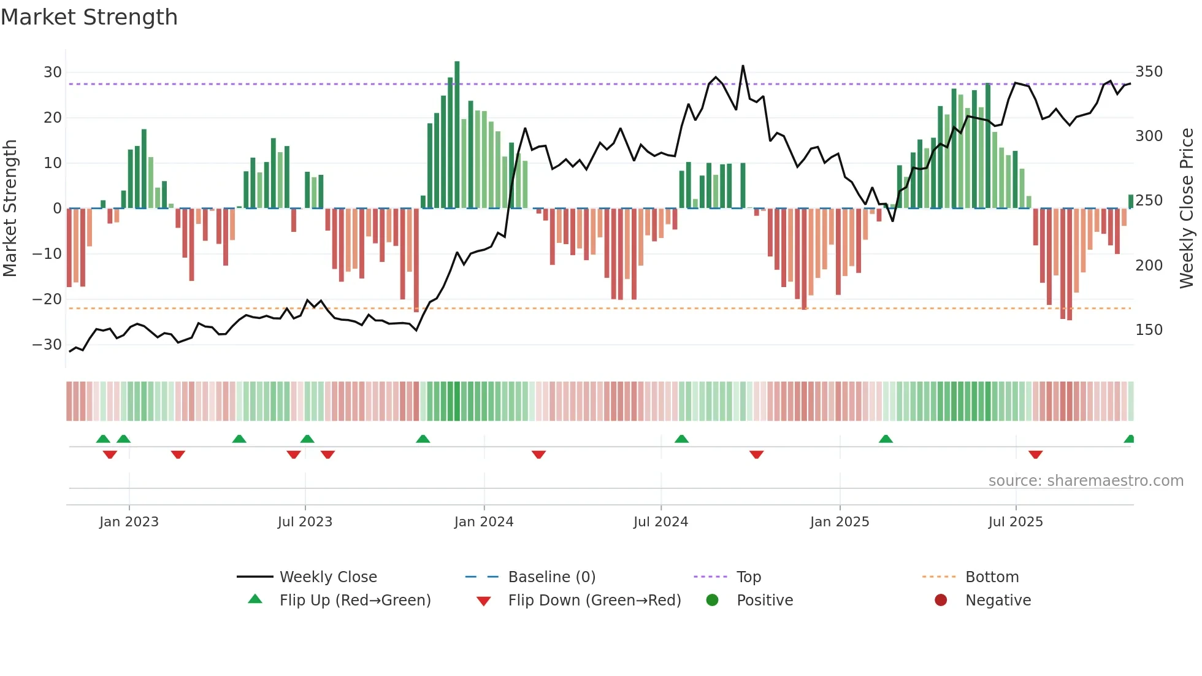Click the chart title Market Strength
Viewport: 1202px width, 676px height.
tap(89, 17)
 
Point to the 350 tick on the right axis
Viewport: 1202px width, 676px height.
tap(1149, 72)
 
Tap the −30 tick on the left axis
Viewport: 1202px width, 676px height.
tap(47, 345)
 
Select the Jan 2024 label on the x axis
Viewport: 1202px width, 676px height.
tap(484, 522)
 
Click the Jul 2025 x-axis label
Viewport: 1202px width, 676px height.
tap(1016, 522)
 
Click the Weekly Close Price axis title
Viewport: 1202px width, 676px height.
tap(1187, 209)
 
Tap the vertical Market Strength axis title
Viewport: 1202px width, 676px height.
tap(10, 209)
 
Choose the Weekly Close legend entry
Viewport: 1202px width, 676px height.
tap(328, 577)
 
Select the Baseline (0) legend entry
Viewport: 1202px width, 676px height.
tap(551, 577)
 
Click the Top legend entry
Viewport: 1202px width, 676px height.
tap(748, 577)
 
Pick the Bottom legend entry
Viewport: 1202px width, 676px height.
tap(992, 577)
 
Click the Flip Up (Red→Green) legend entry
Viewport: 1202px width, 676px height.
tap(355, 601)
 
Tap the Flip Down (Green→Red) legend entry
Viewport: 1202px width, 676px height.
tap(594, 601)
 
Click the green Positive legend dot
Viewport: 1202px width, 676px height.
tap(712, 601)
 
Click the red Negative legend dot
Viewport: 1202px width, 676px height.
tap(941, 601)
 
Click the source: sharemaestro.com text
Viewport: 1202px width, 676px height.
tap(1085, 481)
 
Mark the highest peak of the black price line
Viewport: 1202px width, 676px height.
tap(743, 66)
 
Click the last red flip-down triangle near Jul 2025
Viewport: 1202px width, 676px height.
tap(1036, 455)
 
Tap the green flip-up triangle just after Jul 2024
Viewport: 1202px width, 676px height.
tap(681, 439)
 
